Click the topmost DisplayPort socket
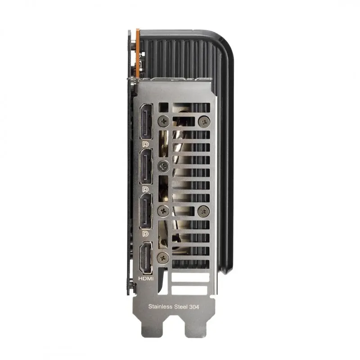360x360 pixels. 146,121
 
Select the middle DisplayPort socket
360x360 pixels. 146,166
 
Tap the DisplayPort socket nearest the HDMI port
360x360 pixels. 146,211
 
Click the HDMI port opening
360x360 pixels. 146,258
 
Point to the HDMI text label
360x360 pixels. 146,279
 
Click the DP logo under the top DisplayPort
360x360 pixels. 145,144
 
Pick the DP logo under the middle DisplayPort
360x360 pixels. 145,189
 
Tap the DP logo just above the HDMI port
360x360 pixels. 145,234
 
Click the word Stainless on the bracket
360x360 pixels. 161,306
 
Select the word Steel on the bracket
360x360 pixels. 181,306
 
